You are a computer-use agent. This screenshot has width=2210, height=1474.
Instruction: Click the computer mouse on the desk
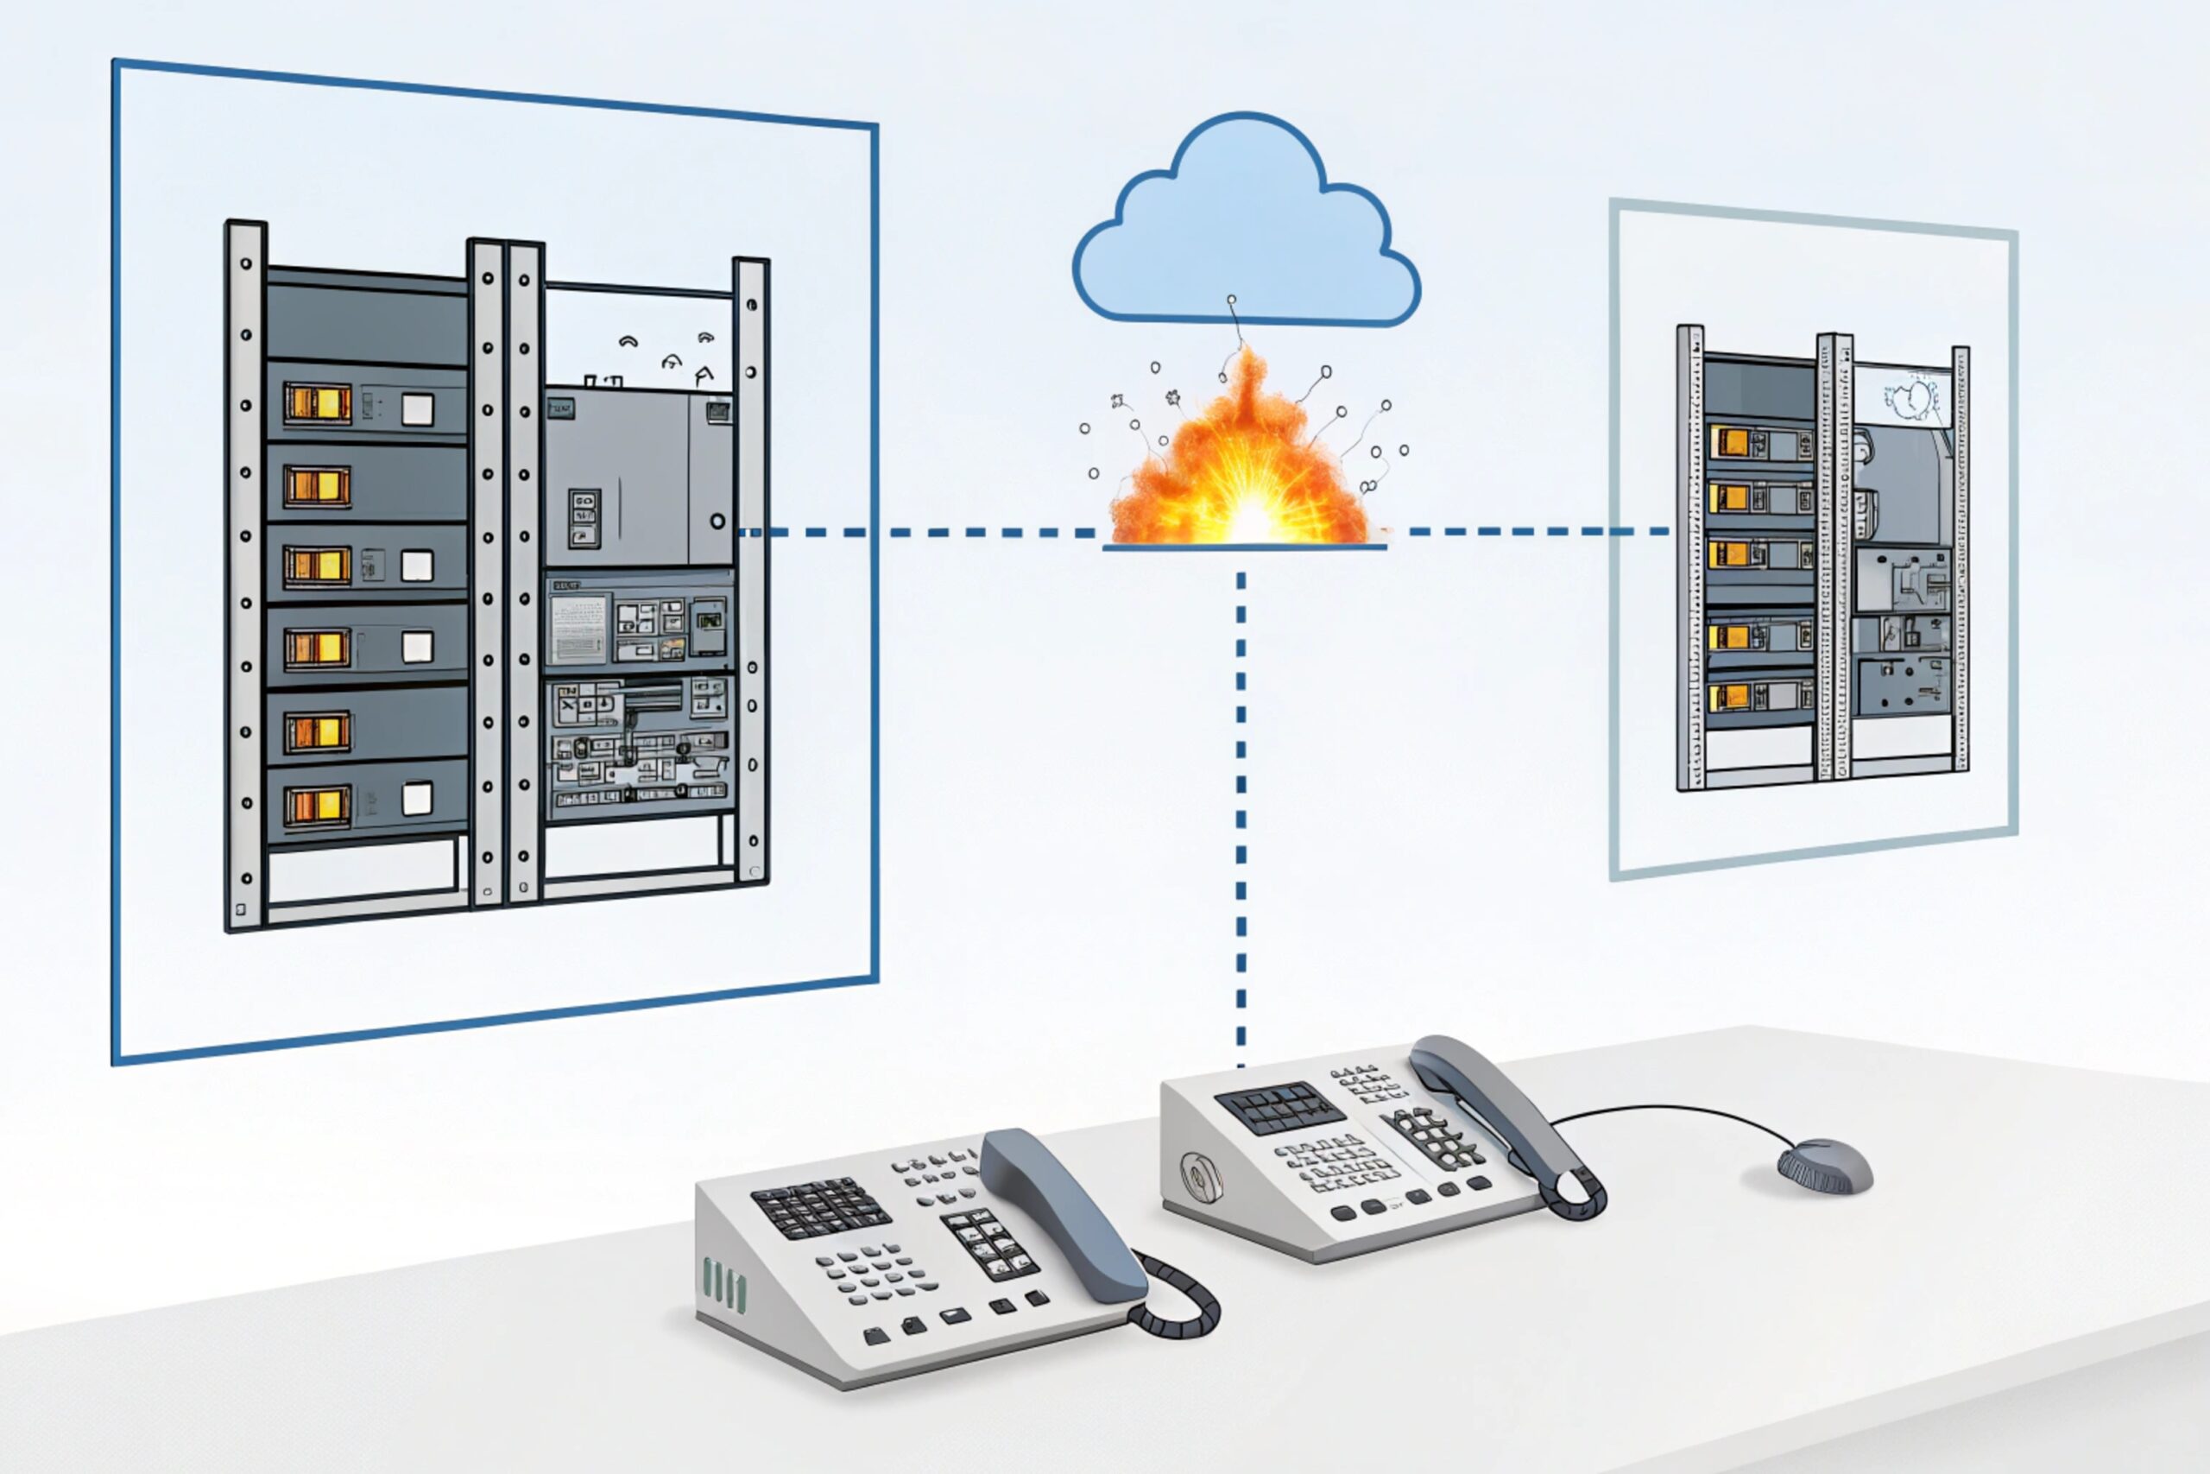1825,1167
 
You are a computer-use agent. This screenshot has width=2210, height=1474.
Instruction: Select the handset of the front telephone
1062,1212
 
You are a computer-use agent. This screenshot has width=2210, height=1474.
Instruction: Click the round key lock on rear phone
1200,1175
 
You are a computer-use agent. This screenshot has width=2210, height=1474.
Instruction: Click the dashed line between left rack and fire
921,532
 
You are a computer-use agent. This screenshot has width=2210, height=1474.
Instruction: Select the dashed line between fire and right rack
1531,531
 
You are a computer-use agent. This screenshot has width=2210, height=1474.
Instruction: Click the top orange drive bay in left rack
318,403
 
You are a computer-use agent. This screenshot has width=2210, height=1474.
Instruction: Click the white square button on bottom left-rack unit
417,798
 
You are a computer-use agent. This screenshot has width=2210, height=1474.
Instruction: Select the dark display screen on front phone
820,1206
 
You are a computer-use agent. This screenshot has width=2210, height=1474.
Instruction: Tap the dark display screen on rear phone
1279,1107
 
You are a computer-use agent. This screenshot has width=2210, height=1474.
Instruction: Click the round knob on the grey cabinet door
717,521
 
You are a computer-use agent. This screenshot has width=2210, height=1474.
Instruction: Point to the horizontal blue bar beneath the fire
1243,547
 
